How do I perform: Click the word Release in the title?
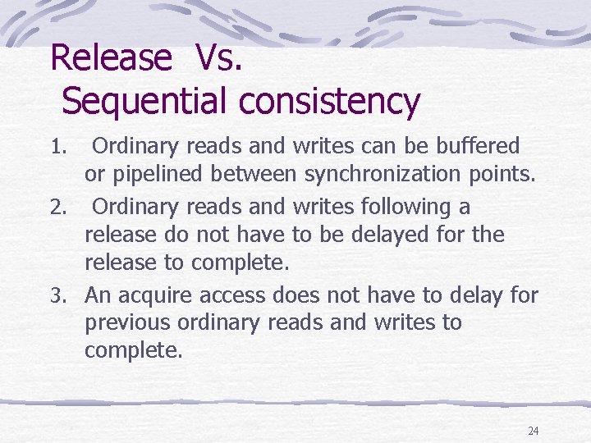coord(111,57)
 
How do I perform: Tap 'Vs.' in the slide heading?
coord(219,57)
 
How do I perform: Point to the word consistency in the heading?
coord(330,102)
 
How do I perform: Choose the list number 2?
coord(57,207)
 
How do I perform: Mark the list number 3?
coord(57,295)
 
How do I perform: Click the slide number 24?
coord(534,431)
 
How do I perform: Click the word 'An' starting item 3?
coord(95,294)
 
